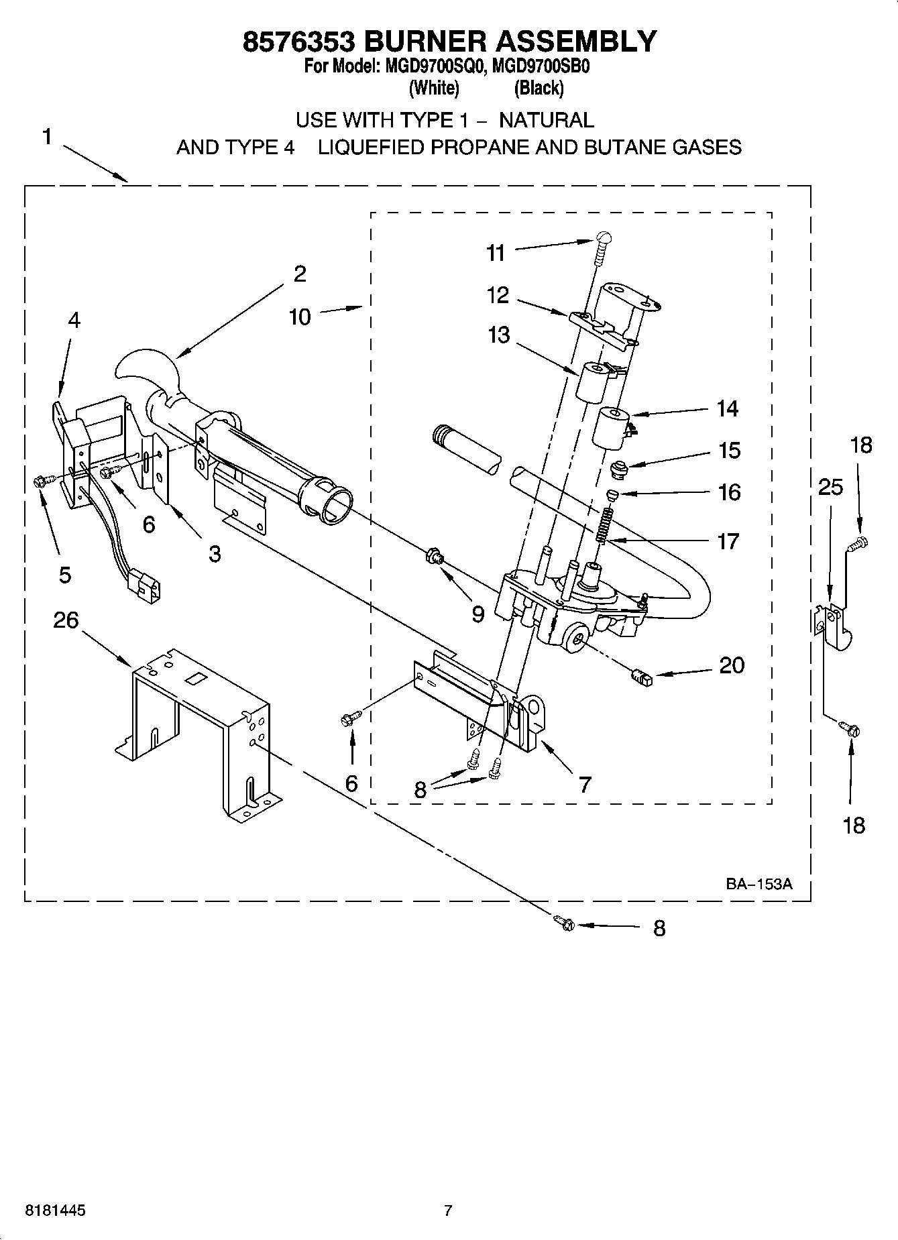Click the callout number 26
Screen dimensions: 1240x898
tap(66, 620)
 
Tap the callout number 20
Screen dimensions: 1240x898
tap(732, 665)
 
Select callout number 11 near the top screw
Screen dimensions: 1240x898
tap(496, 253)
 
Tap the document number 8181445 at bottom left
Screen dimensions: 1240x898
tap(55, 1210)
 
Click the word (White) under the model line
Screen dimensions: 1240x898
tap(434, 88)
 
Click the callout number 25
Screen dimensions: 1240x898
tap(830, 487)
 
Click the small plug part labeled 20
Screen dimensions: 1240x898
tap(642, 679)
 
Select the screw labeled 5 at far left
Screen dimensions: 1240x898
tap(39, 480)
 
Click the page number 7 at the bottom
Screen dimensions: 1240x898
tap(448, 1210)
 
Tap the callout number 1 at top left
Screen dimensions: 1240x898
tap(47, 137)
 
